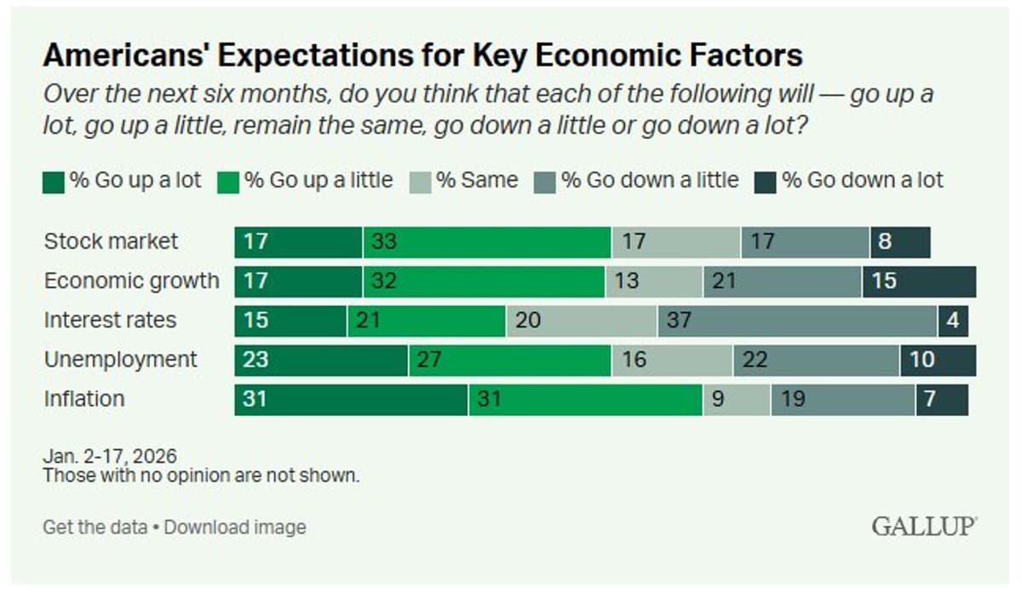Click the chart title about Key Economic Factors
pyautogui.click(x=422, y=55)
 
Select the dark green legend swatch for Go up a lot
pyautogui.click(x=54, y=182)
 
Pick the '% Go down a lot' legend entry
pyautogui.click(x=863, y=181)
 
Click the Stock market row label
pyautogui.click(x=112, y=242)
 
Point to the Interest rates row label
pyautogui.click(x=111, y=320)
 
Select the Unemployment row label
pyautogui.click(x=120, y=360)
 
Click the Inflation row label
pyautogui.click(x=84, y=399)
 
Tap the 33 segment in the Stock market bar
pyautogui.click(x=487, y=242)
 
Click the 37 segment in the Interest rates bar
pyautogui.click(x=797, y=320)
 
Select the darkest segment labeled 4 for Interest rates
pyautogui.click(x=953, y=320)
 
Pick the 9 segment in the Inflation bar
pyautogui.click(x=737, y=399)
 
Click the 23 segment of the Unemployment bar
pyautogui.click(x=321, y=360)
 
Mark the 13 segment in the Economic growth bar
pyautogui.click(x=653, y=281)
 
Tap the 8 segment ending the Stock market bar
pyautogui.click(x=899, y=242)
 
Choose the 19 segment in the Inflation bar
pyautogui.click(x=843, y=399)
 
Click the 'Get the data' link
pyautogui.click(x=95, y=528)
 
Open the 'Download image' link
pyautogui.click(x=235, y=528)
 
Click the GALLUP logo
pyautogui.click(x=923, y=527)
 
